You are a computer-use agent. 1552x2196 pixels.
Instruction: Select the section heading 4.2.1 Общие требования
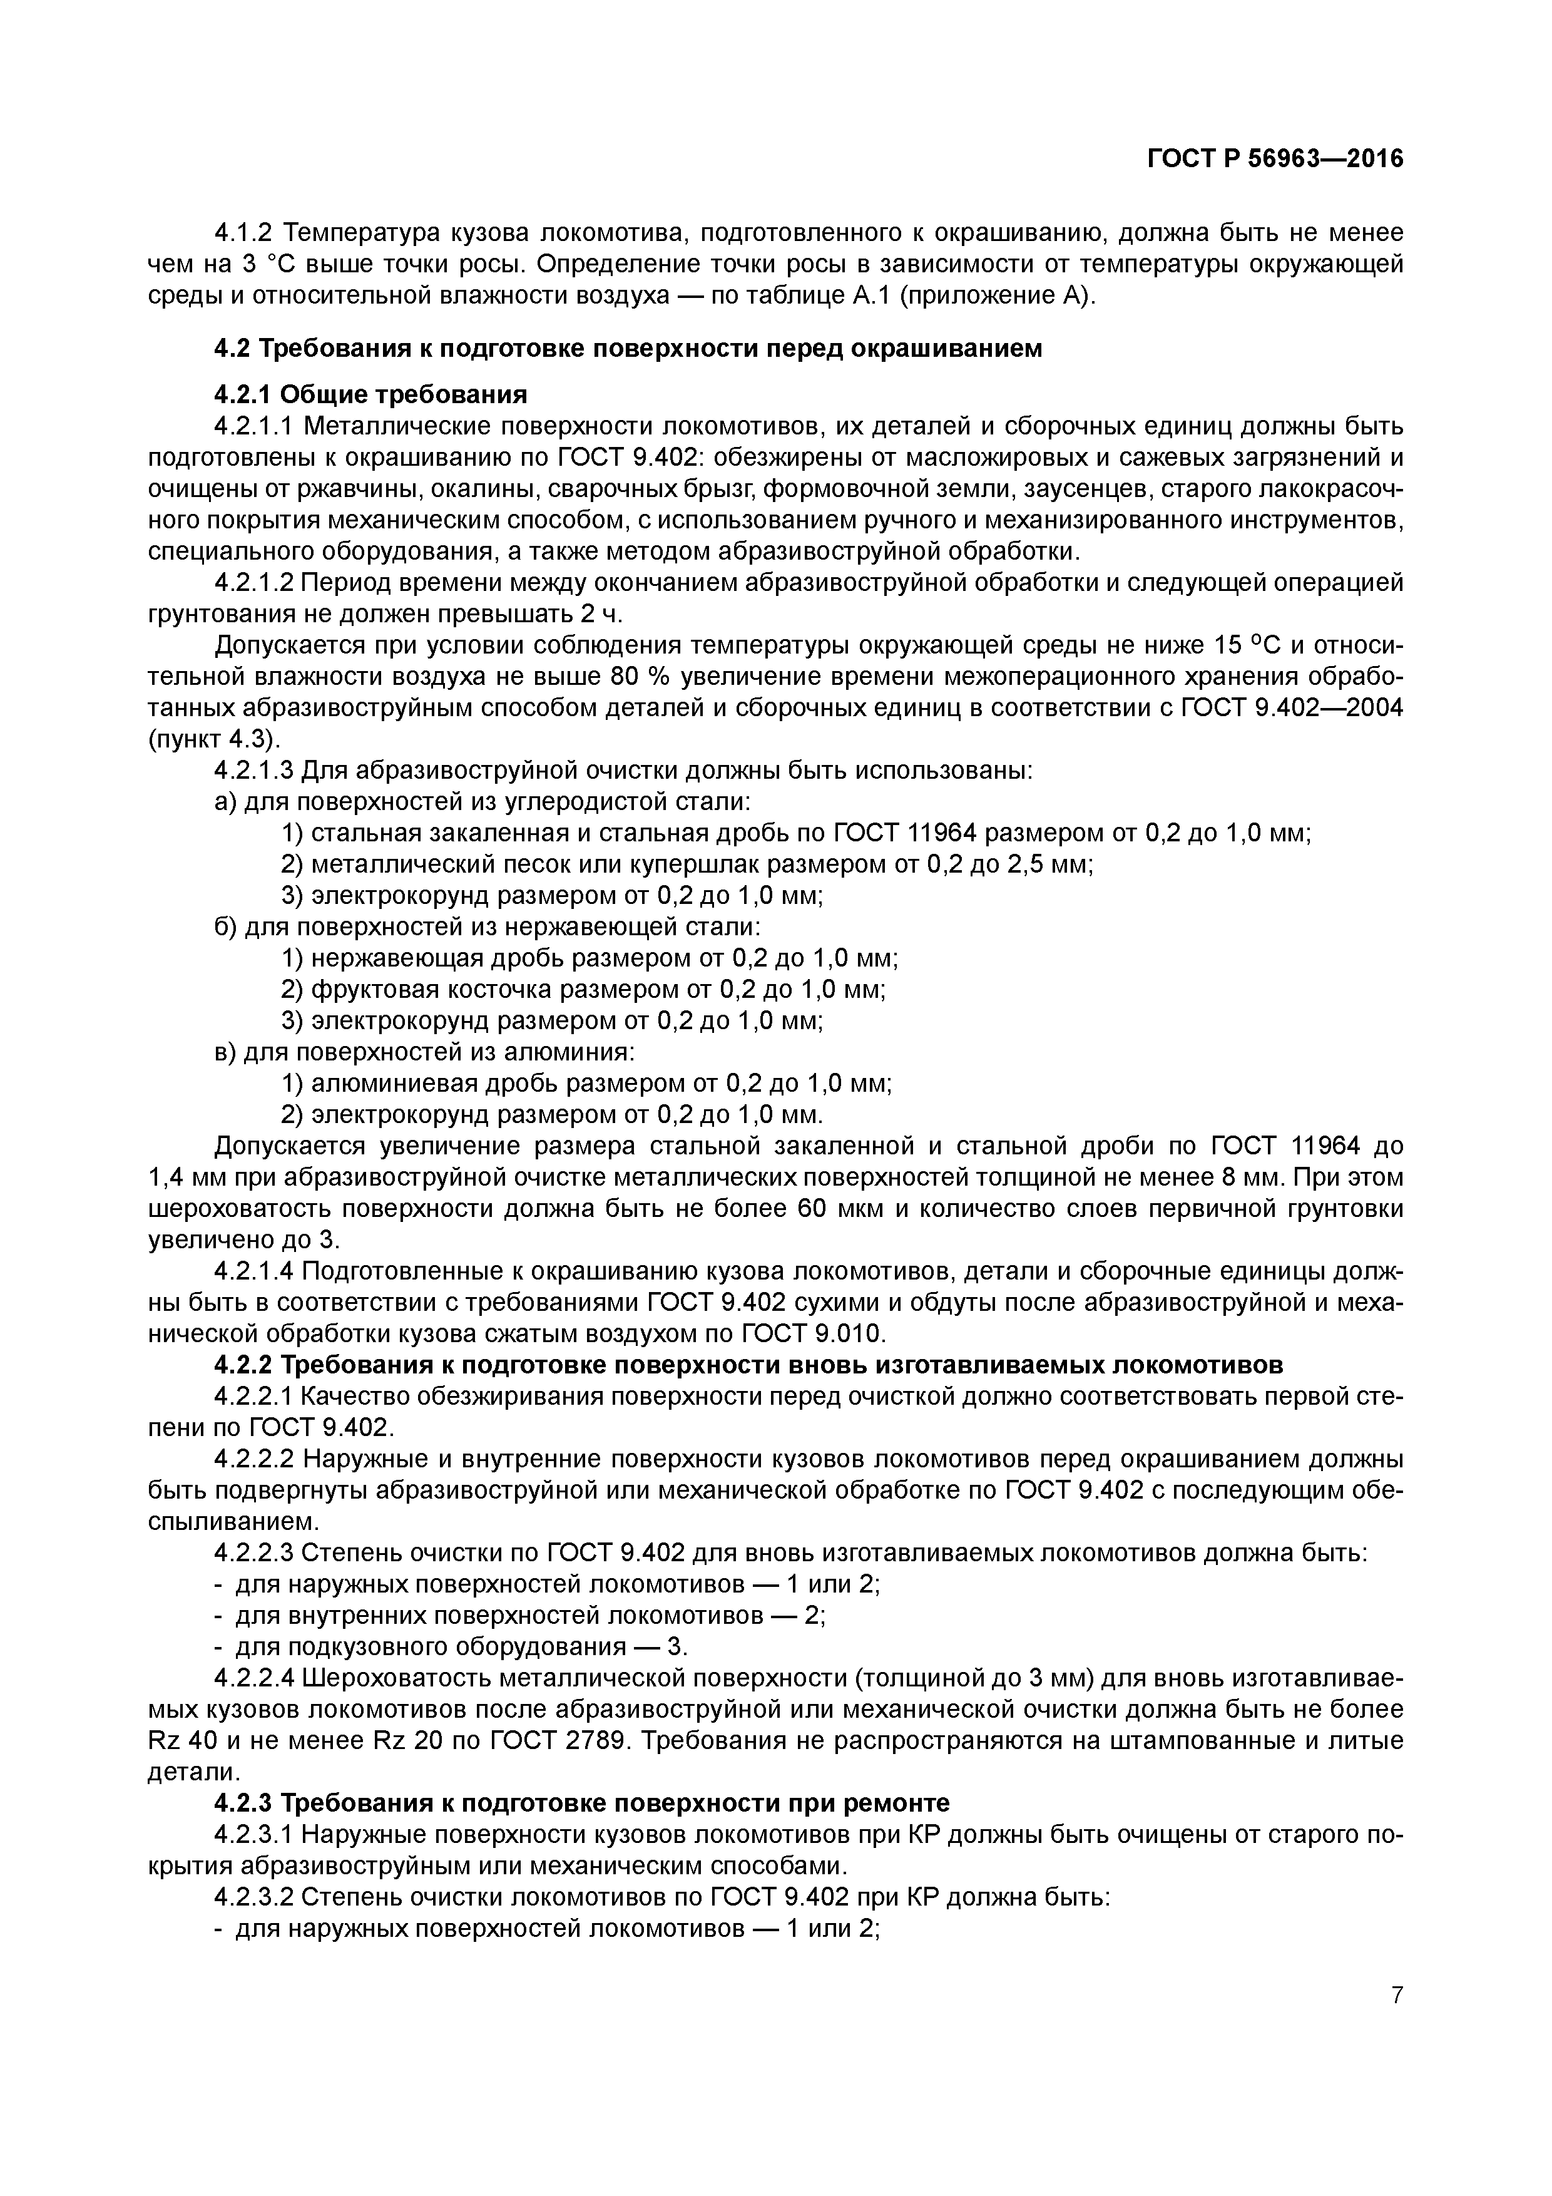coord(370,395)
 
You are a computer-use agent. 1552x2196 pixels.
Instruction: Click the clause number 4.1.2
coord(245,232)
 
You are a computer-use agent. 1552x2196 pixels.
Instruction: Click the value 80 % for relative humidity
coord(638,677)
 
